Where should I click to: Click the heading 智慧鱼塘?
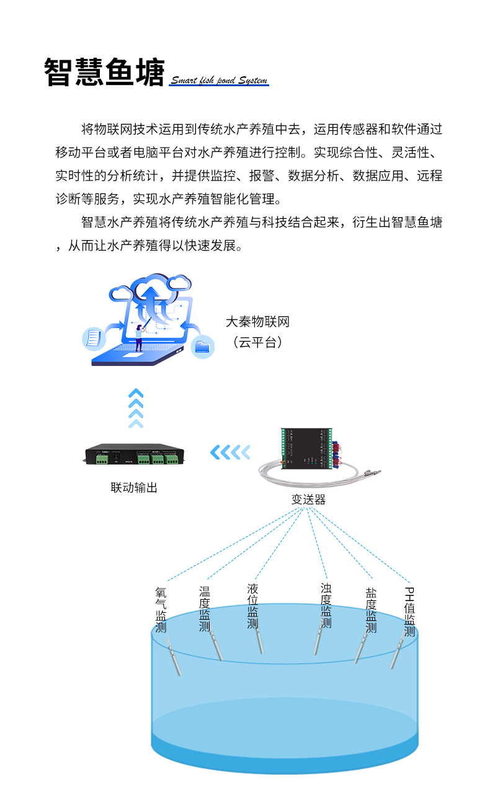tap(104, 73)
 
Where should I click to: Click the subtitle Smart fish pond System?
tap(218, 81)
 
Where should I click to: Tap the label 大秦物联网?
tap(257, 322)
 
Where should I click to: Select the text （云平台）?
tap(257, 342)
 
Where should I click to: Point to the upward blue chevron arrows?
tap(135, 408)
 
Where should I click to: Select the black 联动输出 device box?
tap(133, 457)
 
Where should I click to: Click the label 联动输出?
tap(134, 488)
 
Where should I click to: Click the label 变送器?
tap(308, 499)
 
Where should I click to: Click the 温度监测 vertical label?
tap(205, 608)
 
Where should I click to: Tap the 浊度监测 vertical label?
tap(326, 605)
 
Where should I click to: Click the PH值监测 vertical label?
tap(409, 611)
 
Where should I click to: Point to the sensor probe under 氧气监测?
tap(174, 659)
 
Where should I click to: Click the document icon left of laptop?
tap(92, 339)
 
